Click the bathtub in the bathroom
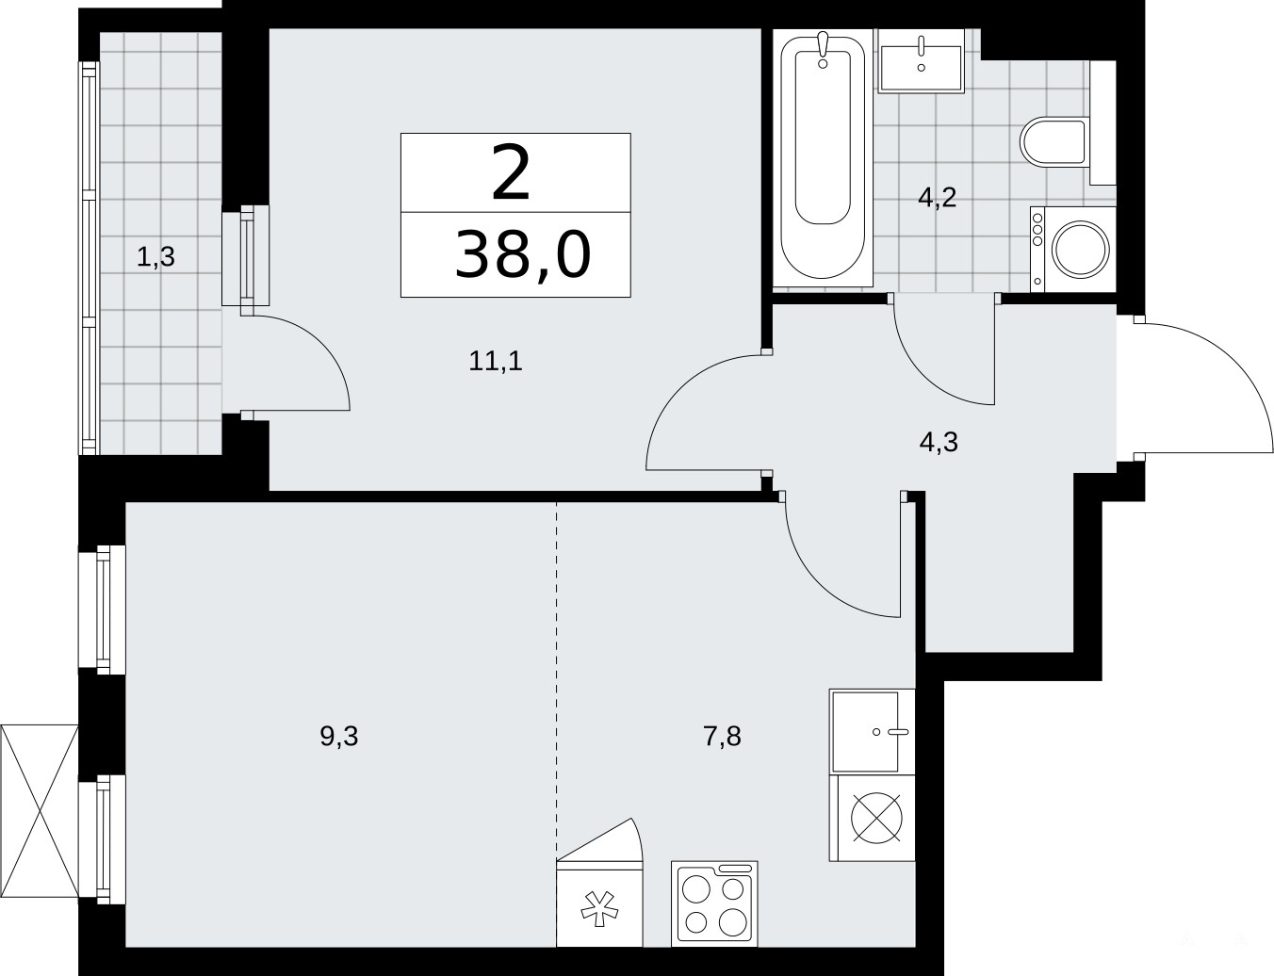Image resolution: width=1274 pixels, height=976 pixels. tap(823, 158)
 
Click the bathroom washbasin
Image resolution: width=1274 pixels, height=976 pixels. tap(921, 61)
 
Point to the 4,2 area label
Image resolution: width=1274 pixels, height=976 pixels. tap(938, 198)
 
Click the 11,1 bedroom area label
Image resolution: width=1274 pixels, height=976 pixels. tap(496, 361)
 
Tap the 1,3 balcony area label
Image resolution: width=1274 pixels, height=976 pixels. tap(156, 257)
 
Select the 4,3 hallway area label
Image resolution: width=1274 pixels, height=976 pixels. tap(939, 442)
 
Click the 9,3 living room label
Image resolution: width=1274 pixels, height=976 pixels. tap(339, 737)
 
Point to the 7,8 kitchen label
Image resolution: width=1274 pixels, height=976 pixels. tap(723, 737)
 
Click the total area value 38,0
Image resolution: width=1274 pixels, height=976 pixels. tap(522, 254)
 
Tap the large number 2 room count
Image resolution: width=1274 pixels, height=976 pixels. tap(512, 173)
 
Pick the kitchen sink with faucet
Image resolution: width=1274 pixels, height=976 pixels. tap(873, 732)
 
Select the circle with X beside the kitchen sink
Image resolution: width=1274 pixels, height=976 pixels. tap(876, 818)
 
